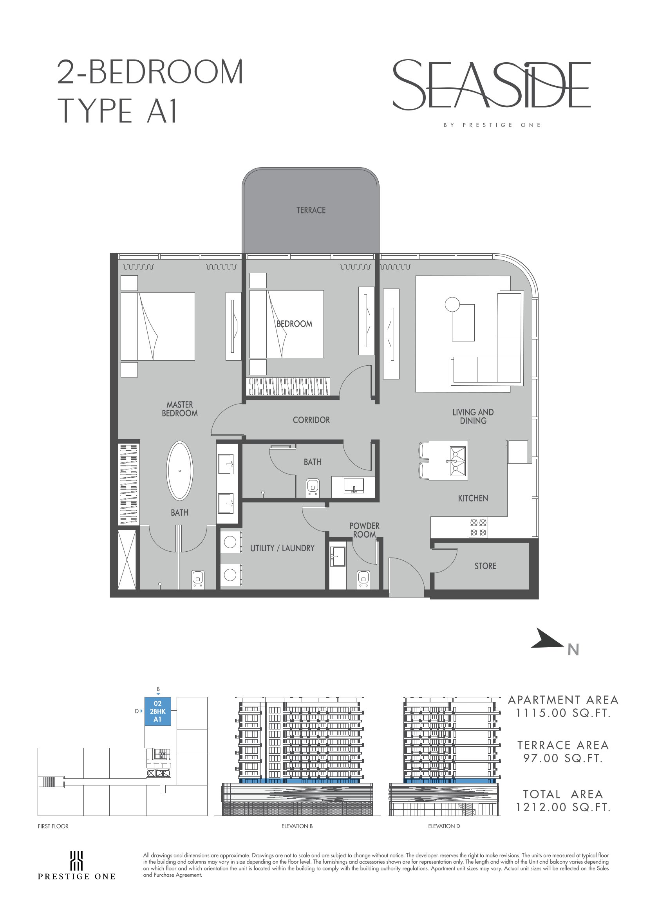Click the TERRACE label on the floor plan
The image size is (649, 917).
[311, 210]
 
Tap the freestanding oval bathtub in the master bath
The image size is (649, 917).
[179, 471]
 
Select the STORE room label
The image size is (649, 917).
[485, 566]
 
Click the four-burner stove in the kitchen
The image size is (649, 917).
[478, 527]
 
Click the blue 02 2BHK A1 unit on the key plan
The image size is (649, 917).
[157, 711]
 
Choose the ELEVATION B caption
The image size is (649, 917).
[297, 826]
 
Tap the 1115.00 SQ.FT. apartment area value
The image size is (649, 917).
[563, 713]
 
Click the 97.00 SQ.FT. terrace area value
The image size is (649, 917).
[563, 758]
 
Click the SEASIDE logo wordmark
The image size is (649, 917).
[492, 85]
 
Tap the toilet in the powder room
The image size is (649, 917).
[363, 579]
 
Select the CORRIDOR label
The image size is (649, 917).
[311, 420]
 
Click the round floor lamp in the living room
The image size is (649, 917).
[452, 305]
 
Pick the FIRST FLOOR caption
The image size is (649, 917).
[53, 826]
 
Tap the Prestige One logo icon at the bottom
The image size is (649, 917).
[76, 861]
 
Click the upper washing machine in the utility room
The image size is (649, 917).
[231, 542]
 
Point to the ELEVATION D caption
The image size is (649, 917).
[444, 826]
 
